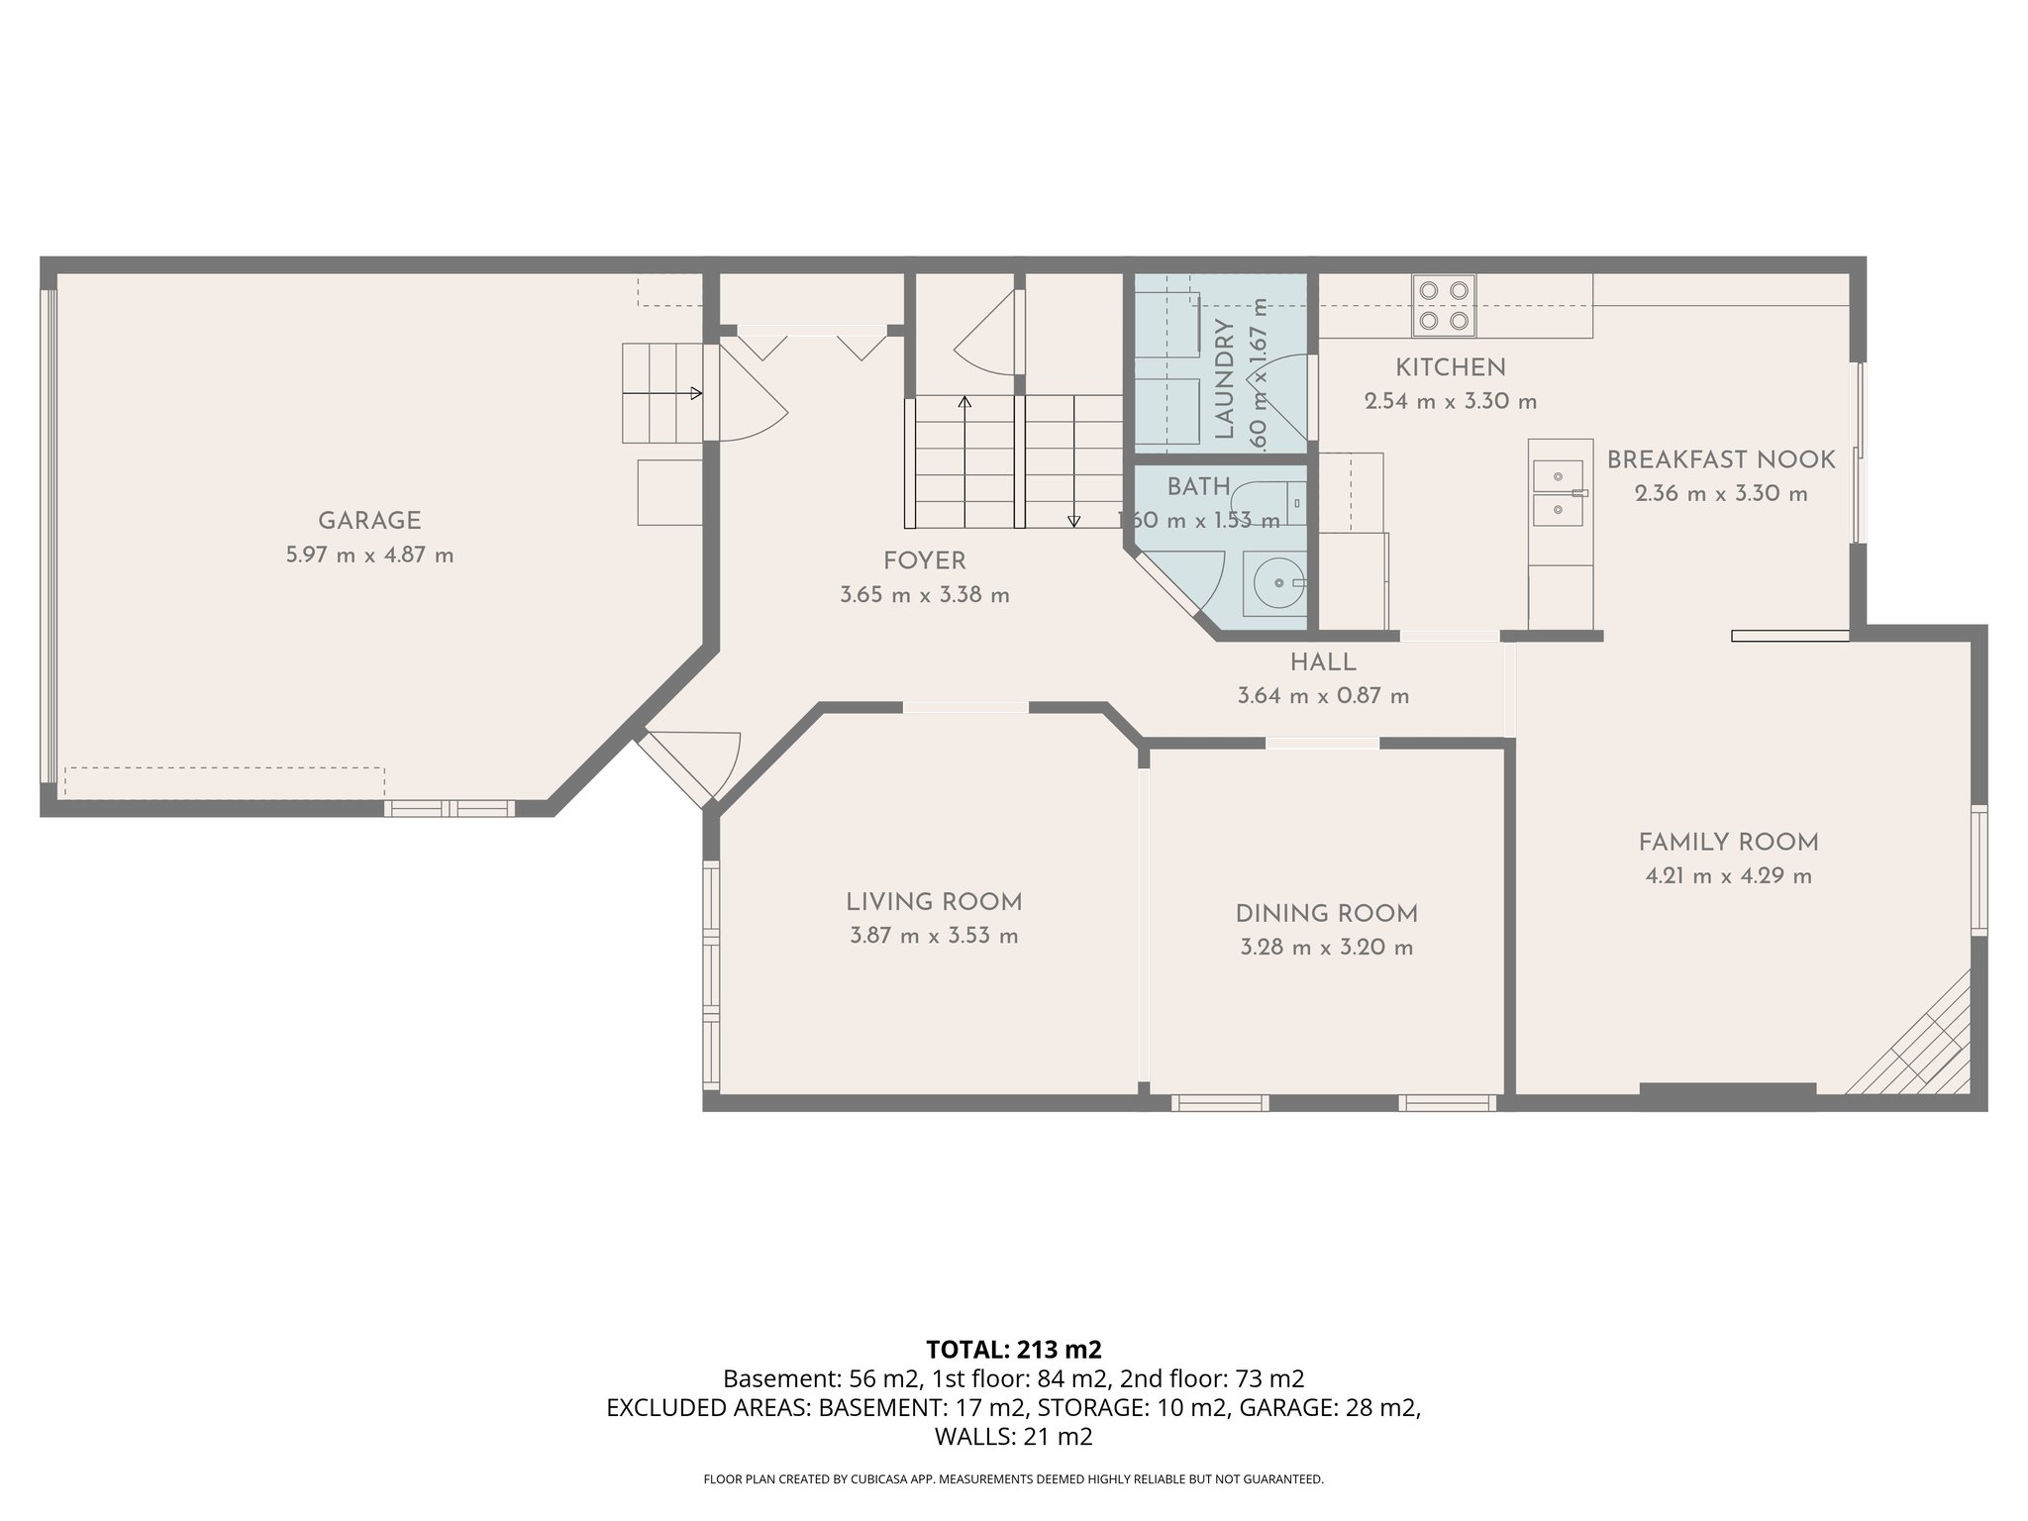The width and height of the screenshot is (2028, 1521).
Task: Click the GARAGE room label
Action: pyautogui.click(x=369, y=521)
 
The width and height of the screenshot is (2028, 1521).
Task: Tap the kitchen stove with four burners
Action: pyautogui.click(x=1443, y=305)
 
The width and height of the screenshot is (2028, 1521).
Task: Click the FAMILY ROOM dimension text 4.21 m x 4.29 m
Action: pyautogui.click(x=1728, y=876)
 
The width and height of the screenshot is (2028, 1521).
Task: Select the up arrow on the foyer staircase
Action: pyautogui.click(x=964, y=402)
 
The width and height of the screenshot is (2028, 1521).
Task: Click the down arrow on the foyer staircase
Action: pyautogui.click(x=1073, y=520)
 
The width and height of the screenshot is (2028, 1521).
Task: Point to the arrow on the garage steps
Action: pyautogui.click(x=695, y=393)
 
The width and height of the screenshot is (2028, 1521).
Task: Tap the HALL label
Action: pyautogui.click(x=1322, y=662)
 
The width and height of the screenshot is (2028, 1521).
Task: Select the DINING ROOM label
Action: pyautogui.click(x=1326, y=913)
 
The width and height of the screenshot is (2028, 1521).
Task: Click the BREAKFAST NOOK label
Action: pyautogui.click(x=1720, y=460)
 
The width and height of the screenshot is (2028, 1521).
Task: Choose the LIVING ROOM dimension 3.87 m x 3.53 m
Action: pyautogui.click(x=933, y=936)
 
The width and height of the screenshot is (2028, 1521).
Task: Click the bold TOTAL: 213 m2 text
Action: pyautogui.click(x=1013, y=1350)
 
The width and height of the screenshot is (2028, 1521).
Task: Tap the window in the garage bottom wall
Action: pyautogui.click(x=450, y=808)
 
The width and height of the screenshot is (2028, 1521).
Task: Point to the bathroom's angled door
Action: pyautogui.click(x=1168, y=590)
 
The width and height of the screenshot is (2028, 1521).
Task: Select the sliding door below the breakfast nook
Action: pyautogui.click(x=1789, y=636)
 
